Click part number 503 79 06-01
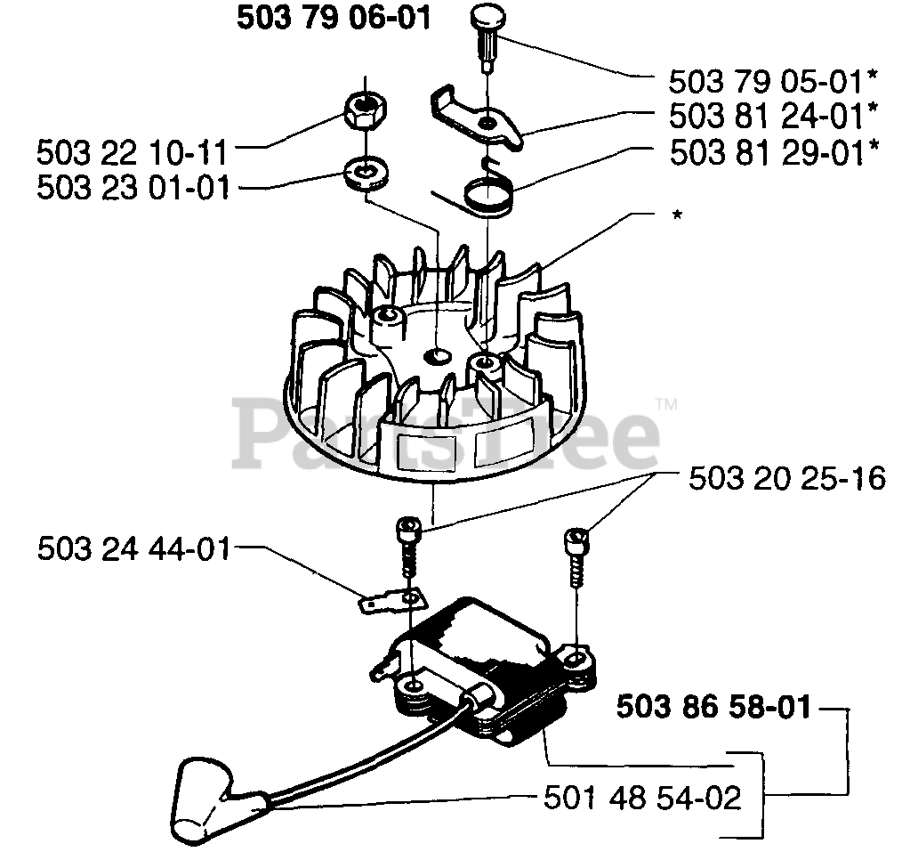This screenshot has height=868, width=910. pyautogui.click(x=334, y=19)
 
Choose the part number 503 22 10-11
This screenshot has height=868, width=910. pyautogui.click(x=132, y=151)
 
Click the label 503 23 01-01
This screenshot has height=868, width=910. pyautogui.click(x=132, y=187)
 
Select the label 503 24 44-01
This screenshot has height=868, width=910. pyautogui.click(x=133, y=548)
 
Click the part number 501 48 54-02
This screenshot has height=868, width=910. pyautogui.click(x=642, y=797)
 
